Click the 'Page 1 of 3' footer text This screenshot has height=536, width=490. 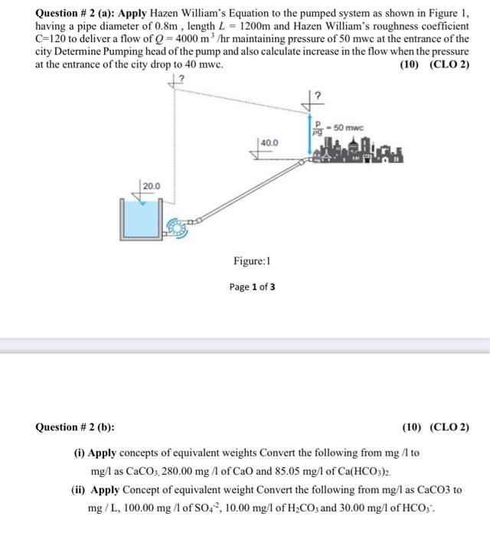[252, 287]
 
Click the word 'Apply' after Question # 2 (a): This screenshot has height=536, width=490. [152, 13]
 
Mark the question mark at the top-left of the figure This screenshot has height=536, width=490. [182, 76]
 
